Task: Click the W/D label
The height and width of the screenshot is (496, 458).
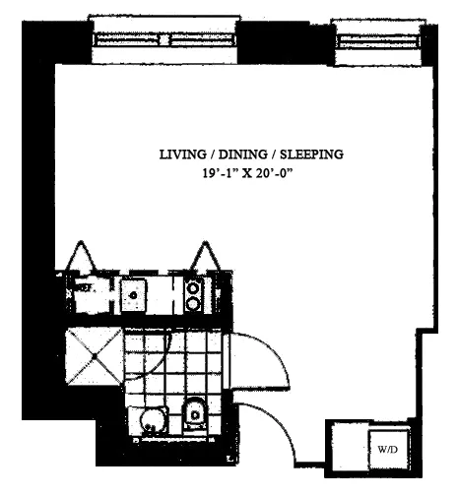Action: (386, 449)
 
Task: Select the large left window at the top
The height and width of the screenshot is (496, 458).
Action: (165, 40)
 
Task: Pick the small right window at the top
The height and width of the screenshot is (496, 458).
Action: (376, 40)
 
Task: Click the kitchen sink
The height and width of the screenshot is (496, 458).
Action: (134, 292)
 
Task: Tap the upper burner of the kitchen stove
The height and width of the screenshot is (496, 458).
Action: (194, 286)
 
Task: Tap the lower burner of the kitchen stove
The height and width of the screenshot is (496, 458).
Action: (194, 303)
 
